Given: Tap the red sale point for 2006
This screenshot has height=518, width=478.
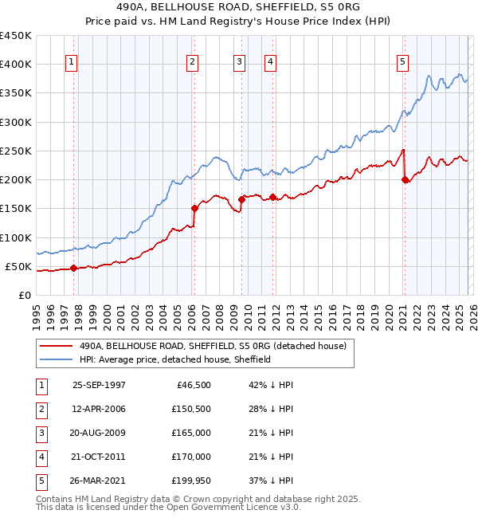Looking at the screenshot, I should pos(194,208).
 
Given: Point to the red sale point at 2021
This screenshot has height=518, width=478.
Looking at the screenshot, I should pos(405,179).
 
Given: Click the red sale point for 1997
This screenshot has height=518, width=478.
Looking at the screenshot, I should pos(74,268).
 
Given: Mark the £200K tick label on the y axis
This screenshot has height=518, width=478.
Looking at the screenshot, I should pos(16,179).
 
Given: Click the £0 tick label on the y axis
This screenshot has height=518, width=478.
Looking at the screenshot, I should pos(25,295).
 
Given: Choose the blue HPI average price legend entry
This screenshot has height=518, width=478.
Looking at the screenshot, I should pos(175,359).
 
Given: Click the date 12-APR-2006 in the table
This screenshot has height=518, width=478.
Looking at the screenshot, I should pos(99,409).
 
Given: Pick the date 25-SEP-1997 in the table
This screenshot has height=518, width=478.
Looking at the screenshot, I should pos(99,385).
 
